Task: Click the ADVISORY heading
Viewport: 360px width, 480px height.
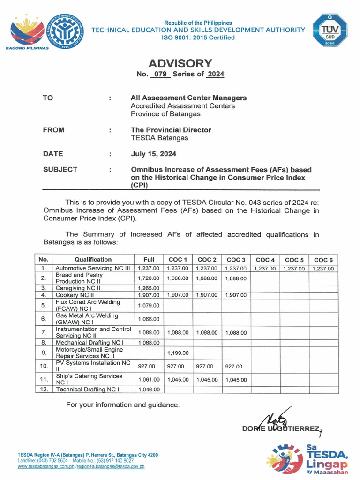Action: [x=180, y=63]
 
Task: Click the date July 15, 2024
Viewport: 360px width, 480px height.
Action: [x=153, y=154]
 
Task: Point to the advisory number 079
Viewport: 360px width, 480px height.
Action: [x=161, y=74]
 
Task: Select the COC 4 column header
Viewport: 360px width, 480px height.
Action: [x=265, y=260]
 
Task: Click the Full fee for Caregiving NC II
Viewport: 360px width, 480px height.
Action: [x=149, y=288]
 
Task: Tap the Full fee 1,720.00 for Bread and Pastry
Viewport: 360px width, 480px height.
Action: [x=149, y=278]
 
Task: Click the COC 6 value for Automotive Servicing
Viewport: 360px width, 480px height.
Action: [x=323, y=269]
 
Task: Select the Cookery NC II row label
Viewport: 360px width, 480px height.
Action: [x=75, y=295]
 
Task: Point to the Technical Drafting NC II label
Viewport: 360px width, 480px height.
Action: [x=88, y=389]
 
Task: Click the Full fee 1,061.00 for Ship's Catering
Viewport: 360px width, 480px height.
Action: [x=149, y=379]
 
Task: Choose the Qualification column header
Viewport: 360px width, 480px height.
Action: [x=93, y=260]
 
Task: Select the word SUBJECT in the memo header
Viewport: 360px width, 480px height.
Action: [x=60, y=170]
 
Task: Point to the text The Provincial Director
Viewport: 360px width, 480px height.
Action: [x=171, y=130]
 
